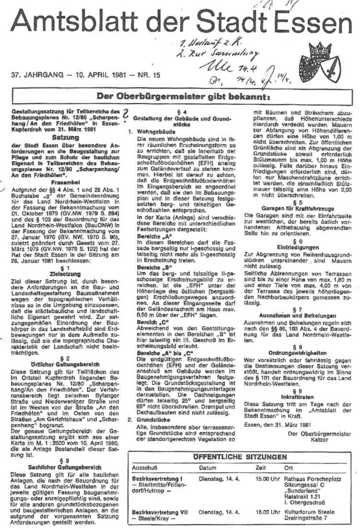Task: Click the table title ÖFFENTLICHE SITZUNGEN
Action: point(240,457)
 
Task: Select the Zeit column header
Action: point(261,468)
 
